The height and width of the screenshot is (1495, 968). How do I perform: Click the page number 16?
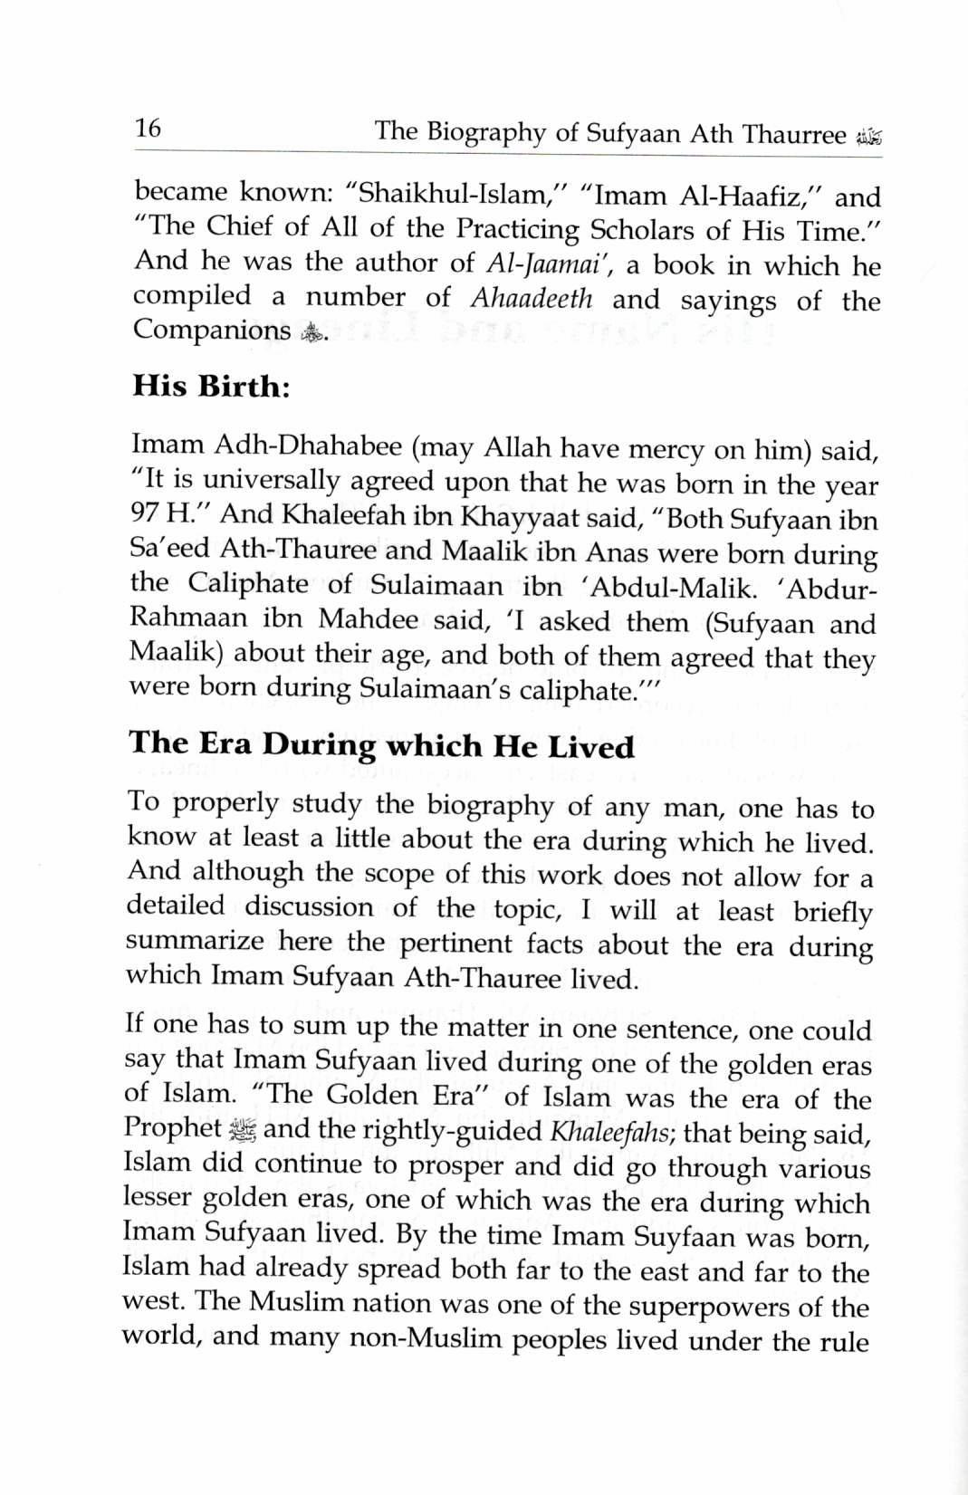click(x=148, y=129)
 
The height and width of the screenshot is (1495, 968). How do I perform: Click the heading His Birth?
click(x=211, y=387)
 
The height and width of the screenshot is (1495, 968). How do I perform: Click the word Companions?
click(x=212, y=330)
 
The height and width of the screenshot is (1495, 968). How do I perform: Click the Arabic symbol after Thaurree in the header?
click(x=867, y=138)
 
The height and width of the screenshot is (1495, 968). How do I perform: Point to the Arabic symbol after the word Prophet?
click(x=242, y=1129)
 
